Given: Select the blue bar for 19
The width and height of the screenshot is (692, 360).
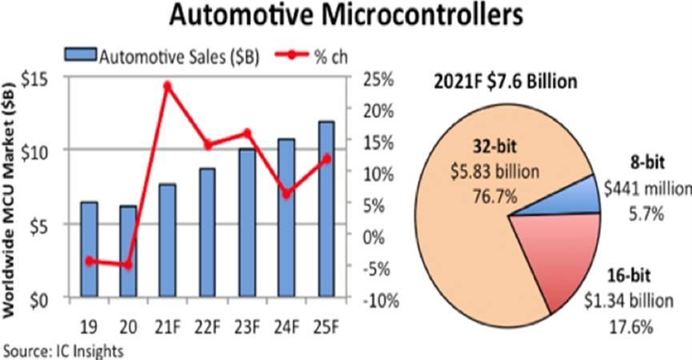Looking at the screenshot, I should point(89,250).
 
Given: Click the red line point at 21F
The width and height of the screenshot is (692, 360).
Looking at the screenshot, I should point(168,86).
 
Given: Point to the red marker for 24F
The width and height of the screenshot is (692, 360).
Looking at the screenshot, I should point(286,194).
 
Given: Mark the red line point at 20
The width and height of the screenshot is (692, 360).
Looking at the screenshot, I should point(128,265).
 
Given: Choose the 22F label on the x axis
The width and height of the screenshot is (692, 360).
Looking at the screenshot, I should point(206,326).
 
